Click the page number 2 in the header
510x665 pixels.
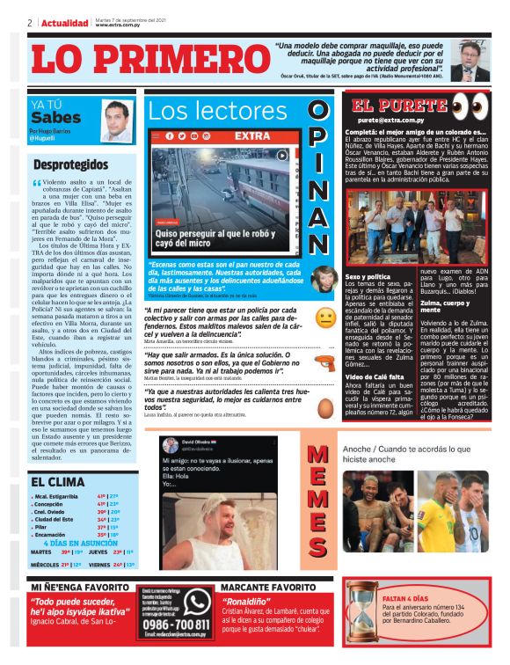click(30, 23)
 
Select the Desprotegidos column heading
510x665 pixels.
click(71, 164)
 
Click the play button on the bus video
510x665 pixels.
click(283, 156)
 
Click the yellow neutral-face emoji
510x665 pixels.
click(325, 318)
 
